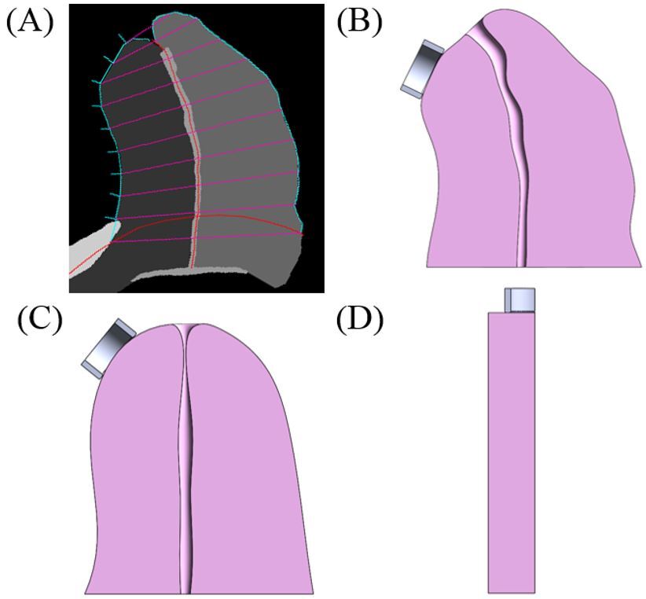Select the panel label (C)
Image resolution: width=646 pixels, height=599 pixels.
point(39,320)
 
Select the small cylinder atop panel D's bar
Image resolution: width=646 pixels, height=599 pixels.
point(519,299)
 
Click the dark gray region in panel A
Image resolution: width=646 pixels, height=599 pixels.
point(149,157)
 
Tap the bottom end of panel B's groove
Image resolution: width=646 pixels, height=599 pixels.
point(521,263)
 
